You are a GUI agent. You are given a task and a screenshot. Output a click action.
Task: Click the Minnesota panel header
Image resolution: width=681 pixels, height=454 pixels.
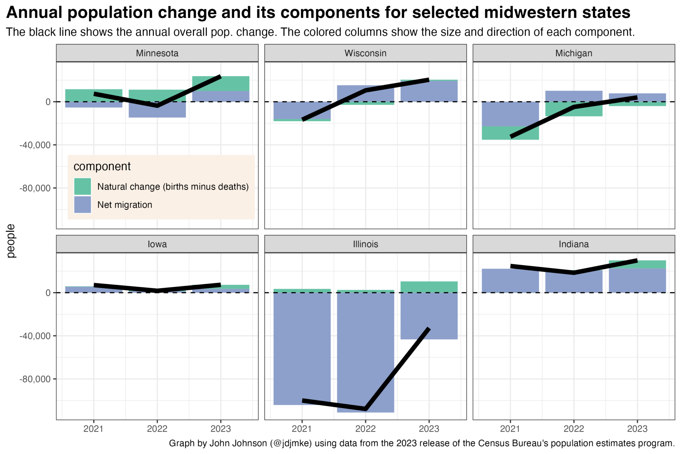(x=157, y=53)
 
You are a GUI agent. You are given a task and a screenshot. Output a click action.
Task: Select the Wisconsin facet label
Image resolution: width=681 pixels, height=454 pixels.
(x=365, y=53)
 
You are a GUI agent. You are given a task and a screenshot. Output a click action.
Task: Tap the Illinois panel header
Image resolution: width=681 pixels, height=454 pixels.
(x=365, y=244)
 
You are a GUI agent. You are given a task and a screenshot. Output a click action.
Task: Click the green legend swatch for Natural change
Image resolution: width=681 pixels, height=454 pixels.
(x=82, y=187)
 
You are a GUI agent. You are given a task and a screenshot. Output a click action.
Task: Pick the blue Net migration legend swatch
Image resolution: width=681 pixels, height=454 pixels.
(x=82, y=205)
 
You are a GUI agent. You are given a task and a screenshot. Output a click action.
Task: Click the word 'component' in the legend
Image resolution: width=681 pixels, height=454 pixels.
(x=102, y=166)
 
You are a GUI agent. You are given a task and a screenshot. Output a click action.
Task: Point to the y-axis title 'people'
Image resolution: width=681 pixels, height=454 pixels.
(x=11, y=241)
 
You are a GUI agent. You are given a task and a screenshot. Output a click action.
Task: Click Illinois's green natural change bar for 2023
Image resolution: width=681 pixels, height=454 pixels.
(x=429, y=287)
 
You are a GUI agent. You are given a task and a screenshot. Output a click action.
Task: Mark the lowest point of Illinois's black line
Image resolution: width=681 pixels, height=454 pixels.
(x=366, y=409)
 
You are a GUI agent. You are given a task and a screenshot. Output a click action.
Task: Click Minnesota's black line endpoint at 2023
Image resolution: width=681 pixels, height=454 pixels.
(x=220, y=77)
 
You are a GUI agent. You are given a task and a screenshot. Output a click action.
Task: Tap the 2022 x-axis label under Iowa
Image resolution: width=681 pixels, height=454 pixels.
(x=157, y=429)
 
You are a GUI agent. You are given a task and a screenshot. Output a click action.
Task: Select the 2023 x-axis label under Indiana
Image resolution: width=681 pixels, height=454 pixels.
(x=637, y=429)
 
